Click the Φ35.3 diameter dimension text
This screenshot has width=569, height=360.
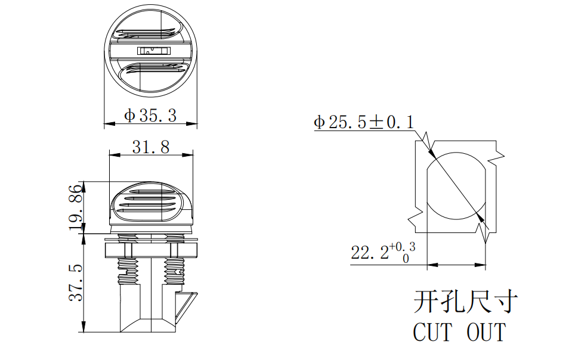tap(150, 116)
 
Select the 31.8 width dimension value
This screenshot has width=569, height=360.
tap(150, 147)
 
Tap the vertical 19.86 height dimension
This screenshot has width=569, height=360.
tap(76, 206)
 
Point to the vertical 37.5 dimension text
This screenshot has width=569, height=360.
tap(76, 283)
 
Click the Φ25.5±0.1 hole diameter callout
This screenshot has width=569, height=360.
tap(364, 123)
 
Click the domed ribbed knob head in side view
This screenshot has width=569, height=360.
tap(153, 202)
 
